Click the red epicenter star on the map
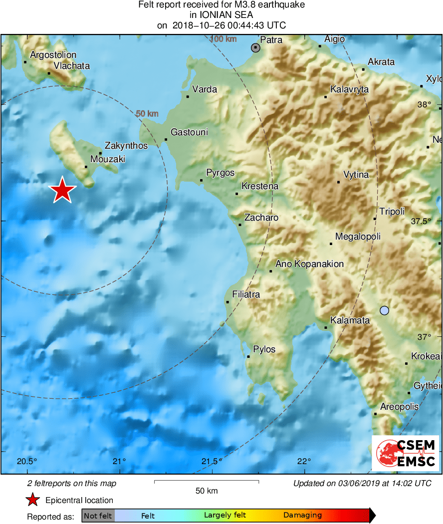pyautogui.click(x=62, y=190)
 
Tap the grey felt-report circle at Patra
pyautogui.click(x=256, y=48)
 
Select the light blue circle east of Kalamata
pyautogui.click(x=384, y=310)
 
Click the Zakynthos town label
pyautogui.click(x=126, y=146)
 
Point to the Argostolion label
pyautogui.click(x=53, y=55)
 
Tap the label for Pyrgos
pyautogui.click(x=220, y=173)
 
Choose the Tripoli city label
pyautogui.click(x=392, y=212)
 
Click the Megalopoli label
pyautogui.click(x=358, y=237)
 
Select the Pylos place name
pyautogui.click(x=264, y=349)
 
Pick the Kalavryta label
pyautogui.click(x=350, y=89)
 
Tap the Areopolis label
pyautogui.click(x=400, y=407)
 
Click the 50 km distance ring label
pyautogui.click(x=147, y=114)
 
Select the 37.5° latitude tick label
pyautogui.click(x=428, y=221)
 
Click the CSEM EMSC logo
pyautogui.click(x=405, y=453)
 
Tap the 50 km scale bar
pyautogui.click(x=207, y=482)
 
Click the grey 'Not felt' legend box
pyautogui.click(x=98, y=516)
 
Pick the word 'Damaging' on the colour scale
pyautogui.click(x=302, y=516)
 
